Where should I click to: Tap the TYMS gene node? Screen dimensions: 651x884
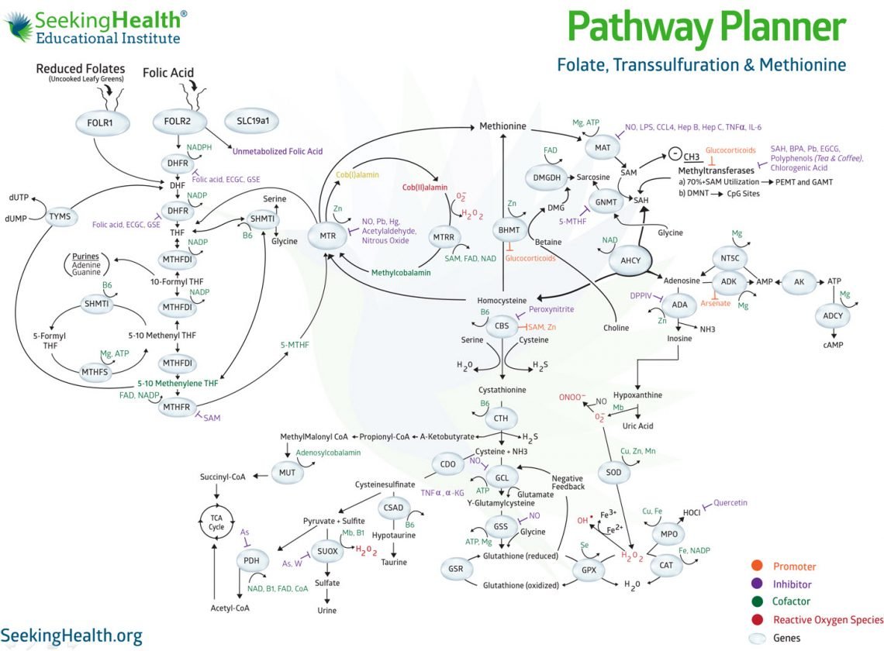point(60,216)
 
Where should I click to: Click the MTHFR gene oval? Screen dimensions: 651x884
point(175,406)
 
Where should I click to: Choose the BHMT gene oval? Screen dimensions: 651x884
point(509,229)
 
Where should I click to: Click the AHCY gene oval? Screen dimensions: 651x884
point(630,260)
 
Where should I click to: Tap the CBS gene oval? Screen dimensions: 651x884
point(501,327)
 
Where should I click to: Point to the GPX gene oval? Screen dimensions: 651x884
point(587,570)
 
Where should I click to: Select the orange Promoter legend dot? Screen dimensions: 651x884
point(758,567)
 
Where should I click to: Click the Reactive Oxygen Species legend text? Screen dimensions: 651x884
point(828,619)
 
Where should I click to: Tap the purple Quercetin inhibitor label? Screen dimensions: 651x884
point(730,502)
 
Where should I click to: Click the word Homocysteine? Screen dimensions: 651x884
point(501,300)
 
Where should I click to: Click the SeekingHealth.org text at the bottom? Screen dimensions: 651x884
point(71,635)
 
